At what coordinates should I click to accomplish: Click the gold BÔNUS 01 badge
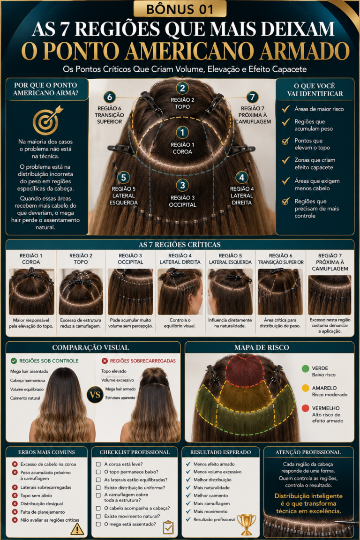pos(180,8)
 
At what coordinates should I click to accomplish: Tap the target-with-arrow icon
pos(47,120)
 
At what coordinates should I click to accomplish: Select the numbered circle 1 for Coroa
pos(182,132)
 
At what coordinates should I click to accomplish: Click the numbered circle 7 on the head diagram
pos(253,97)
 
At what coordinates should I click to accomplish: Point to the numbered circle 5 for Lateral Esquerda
pos(123,177)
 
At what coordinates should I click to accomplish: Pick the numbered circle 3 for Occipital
pos(183,185)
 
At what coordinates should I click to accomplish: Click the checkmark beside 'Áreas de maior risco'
pos(285,109)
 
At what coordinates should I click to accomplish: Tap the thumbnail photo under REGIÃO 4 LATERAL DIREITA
pos(180,292)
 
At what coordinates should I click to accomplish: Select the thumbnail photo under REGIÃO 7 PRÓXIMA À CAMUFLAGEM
pos(330,295)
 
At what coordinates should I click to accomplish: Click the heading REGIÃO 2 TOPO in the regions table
pos(81,259)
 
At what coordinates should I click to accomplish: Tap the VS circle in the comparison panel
pos(95,395)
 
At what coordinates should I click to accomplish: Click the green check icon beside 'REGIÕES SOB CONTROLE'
pos(14,360)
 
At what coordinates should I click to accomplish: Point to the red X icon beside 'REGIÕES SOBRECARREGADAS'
pos(105,360)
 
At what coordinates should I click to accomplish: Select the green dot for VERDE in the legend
pos(305,368)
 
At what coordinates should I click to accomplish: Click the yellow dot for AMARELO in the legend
pos(305,388)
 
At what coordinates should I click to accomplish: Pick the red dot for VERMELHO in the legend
pos(305,408)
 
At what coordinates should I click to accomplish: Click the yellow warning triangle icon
pos(77,529)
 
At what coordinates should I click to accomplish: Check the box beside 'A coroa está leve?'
pos(98,464)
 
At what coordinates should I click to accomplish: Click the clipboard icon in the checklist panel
pos(168,527)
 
